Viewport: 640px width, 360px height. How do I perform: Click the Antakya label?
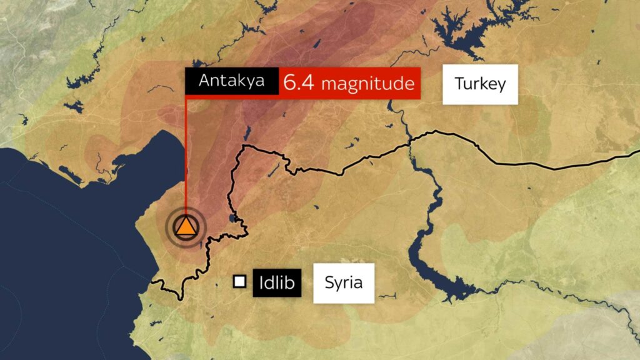tap(232, 81)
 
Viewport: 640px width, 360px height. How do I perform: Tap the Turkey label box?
tap(480, 84)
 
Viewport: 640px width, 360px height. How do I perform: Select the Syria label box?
tap(344, 282)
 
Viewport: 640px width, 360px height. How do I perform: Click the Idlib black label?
tap(277, 283)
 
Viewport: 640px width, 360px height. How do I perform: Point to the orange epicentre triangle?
tap(186, 227)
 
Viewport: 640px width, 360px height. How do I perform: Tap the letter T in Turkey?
tap(459, 84)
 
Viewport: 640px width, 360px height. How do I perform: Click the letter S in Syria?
tap(329, 282)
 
